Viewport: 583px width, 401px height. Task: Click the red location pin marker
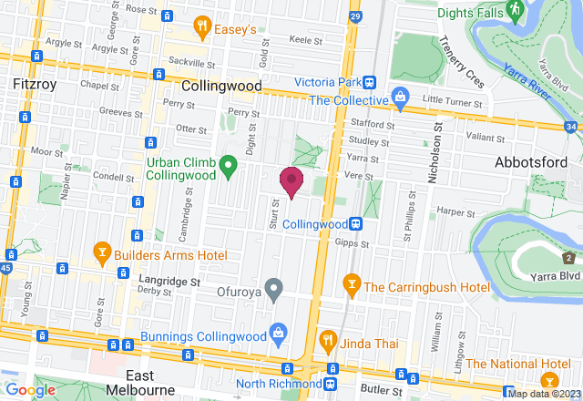(x=291, y=180)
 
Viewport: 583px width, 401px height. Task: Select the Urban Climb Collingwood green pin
(x=229, y=165)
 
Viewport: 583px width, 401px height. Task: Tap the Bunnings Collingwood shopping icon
(x=279, y=334)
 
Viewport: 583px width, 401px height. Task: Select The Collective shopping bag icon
(x=399, y=97)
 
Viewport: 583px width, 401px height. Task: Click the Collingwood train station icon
(x=359, y=223)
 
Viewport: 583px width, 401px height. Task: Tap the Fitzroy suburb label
(x=36, y=84)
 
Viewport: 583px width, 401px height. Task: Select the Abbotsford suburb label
(x=531, y=161)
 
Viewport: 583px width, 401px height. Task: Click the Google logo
(x=30, y=389)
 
